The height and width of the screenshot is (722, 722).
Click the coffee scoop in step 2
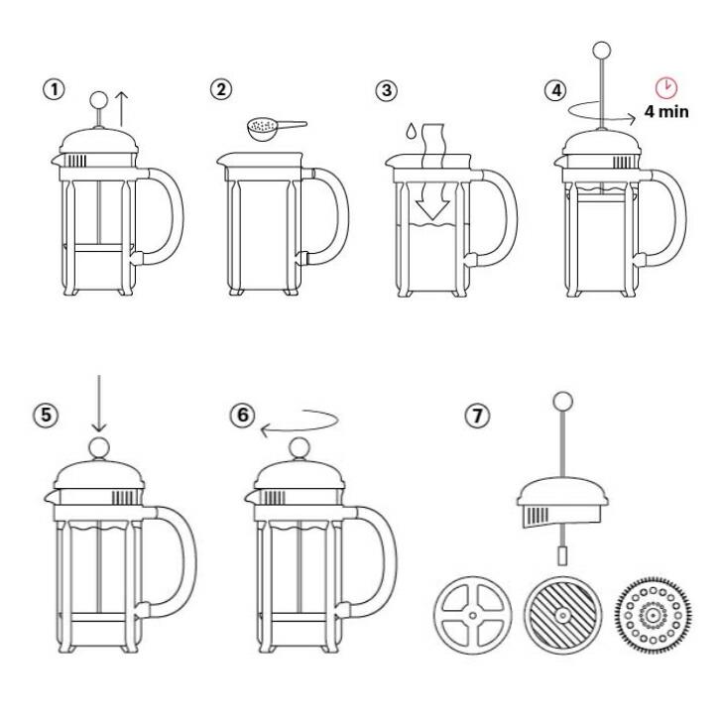point(274,129)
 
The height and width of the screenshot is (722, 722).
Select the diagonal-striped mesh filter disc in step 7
point(559,615)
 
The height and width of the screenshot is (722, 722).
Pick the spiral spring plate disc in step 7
point(650,615)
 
